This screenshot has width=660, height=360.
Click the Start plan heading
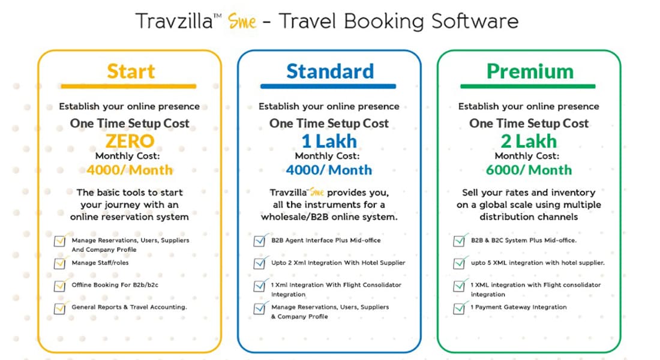point(131,71)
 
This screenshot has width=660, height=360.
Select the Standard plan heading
point(330,71)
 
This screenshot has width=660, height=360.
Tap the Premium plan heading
point(530,71)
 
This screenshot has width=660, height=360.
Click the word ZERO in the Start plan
point(130,141)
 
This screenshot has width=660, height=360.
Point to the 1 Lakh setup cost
point(329,141)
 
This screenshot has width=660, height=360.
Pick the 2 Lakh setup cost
point(529,141)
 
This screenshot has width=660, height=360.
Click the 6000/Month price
point(529,170)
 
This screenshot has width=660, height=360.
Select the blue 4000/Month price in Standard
point(329,170)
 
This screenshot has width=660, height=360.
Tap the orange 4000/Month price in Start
point(130,170)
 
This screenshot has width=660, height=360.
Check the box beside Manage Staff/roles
point(60,263)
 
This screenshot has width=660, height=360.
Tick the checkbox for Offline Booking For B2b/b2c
point(60,286)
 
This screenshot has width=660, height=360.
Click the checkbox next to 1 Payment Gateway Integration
point(459,308)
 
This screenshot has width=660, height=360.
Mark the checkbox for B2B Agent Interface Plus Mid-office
point(259,241)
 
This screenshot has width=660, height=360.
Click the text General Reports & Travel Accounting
point(129,307)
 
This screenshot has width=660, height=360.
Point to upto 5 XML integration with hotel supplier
point(538,262)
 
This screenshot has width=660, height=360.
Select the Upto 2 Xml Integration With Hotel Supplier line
point(338,262)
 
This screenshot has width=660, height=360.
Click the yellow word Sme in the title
point(242,21)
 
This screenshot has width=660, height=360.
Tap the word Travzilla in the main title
point(174,21)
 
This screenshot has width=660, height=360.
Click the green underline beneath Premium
point(528,86)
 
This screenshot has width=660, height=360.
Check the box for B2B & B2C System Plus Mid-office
point(459,241)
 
